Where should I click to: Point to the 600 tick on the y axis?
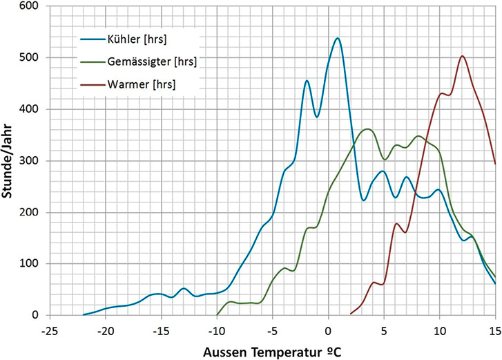click(x=30, y=6)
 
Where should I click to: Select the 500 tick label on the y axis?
click(x=30, y=58)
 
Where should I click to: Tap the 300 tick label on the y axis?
click(x=30, y=161)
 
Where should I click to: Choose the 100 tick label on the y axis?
click(x=30, y=264)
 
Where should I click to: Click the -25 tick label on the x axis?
click(x=49, y=330)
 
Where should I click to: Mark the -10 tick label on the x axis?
click(x=216, y=330)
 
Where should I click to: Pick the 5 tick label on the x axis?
click(x=384, y=330)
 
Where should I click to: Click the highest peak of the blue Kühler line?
click(x=337, y=38)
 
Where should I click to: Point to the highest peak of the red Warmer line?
click(x=462, y=56)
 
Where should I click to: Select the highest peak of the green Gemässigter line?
click(x=368, y=129)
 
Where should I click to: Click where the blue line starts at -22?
click(x=83, y=314)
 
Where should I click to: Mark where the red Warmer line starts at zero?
click(x=350, y=314)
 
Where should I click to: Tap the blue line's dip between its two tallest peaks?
click(x=317, y=116)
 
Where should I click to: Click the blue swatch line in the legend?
click(x=90, y=39)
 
